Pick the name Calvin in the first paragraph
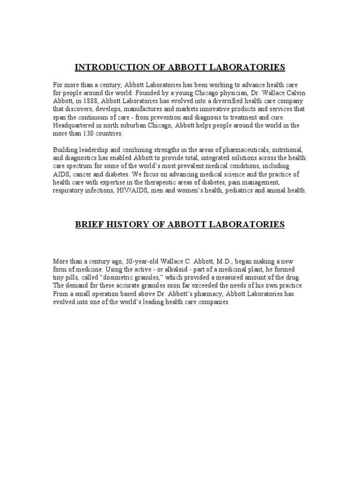pos(295,93)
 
